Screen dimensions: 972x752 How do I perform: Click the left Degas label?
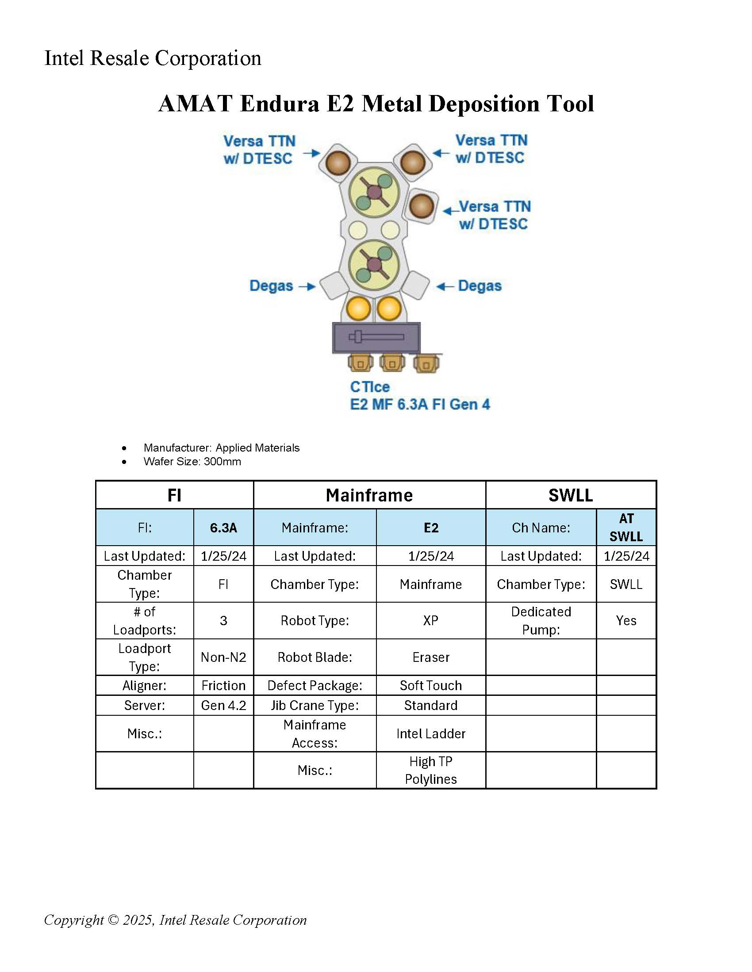click(271, 286)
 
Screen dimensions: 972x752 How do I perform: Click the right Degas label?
click(480, 286)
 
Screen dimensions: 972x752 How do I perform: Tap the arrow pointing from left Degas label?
click(307, 286)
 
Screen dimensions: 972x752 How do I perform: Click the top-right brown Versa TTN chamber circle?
click(413, 162)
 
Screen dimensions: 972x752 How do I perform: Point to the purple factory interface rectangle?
click(376, 338)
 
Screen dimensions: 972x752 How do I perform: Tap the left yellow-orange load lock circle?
click(358, 308)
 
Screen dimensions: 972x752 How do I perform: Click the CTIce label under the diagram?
click(370, 387)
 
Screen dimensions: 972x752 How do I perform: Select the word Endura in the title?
click(279, 104)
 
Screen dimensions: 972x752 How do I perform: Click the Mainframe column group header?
click(369, 495)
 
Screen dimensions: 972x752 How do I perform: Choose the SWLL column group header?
click(570, 495)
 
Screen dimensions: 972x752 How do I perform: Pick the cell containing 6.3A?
click(223, 528)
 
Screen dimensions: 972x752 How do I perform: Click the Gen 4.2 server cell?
click(223, 706)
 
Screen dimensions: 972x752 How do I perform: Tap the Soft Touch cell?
click(430, 685)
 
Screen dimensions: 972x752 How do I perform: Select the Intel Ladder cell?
click(430, 733)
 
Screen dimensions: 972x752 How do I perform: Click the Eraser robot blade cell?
click(430, 657)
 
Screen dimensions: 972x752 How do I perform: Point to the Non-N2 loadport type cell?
click(223, 657)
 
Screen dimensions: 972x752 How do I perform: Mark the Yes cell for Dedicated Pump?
click(626, 620)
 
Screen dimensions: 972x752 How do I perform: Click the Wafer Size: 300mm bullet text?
click(192, 462)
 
